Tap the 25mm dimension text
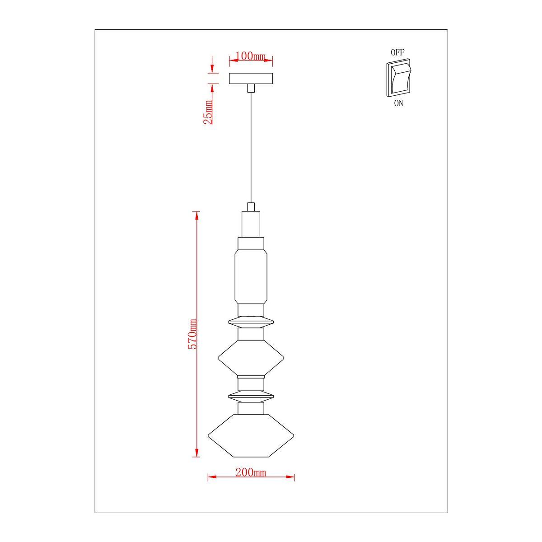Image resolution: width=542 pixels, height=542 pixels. pos(208,112)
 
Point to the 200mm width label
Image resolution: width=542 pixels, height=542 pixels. pos(251,472)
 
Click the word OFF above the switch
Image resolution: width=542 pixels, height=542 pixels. pos(397,52)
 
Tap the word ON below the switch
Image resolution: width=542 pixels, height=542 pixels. pos(398,103)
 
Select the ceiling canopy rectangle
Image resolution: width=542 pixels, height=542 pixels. pos(251,79)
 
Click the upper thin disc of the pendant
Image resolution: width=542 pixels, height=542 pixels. pos(251,322)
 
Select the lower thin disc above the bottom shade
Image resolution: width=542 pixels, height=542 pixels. pos(251,397)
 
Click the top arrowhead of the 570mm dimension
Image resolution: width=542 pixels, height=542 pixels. pos(196,215)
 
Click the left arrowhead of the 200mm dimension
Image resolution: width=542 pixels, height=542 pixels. pos(210,477)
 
